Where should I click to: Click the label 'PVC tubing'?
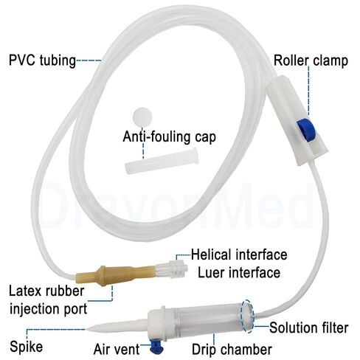(42, 60)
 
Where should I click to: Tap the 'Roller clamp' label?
(311, 60)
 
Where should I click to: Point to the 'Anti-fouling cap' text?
(170, 136)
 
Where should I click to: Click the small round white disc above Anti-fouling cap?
(142, 117)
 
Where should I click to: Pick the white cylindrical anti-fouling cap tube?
(162, 162)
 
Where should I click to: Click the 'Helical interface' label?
(239, 255)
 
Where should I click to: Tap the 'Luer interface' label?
(239, 272)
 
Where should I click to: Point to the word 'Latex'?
(24, 291)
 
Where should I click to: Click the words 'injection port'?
(49, 309)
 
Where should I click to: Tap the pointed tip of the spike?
(86, 329)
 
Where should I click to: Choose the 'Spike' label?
(27, 347)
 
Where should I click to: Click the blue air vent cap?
(156, 347)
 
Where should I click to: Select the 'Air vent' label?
(117, 349)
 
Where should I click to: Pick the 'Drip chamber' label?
(232, 349)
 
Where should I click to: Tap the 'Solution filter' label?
(309, 328)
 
